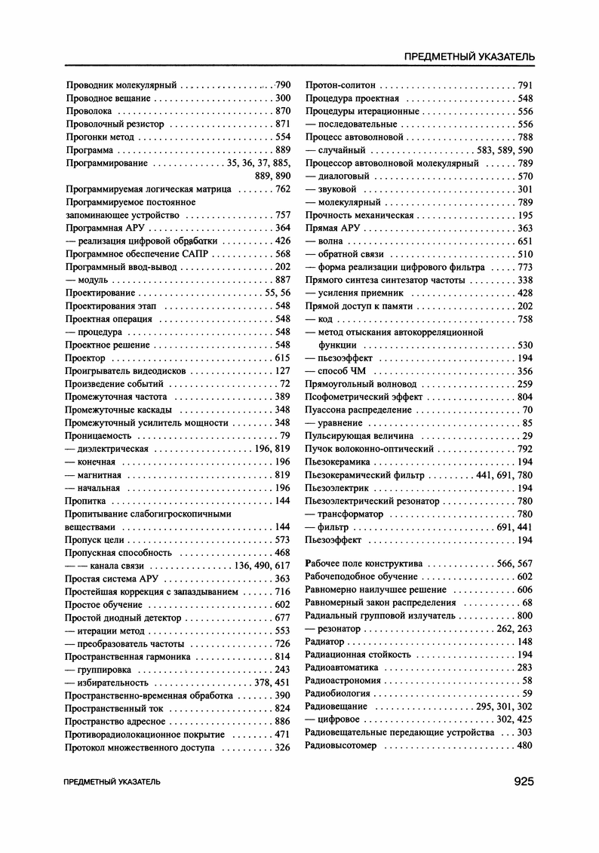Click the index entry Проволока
91,111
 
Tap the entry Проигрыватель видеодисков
124,371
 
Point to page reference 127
283,371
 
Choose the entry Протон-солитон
340,85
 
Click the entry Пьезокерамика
337,462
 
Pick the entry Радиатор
325,642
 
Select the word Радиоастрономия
343,680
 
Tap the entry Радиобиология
337,693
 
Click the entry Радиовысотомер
341,745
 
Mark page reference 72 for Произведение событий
285,384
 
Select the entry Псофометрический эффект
364,397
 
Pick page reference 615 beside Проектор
283,357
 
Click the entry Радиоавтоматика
342,667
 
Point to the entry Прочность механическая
359,215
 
